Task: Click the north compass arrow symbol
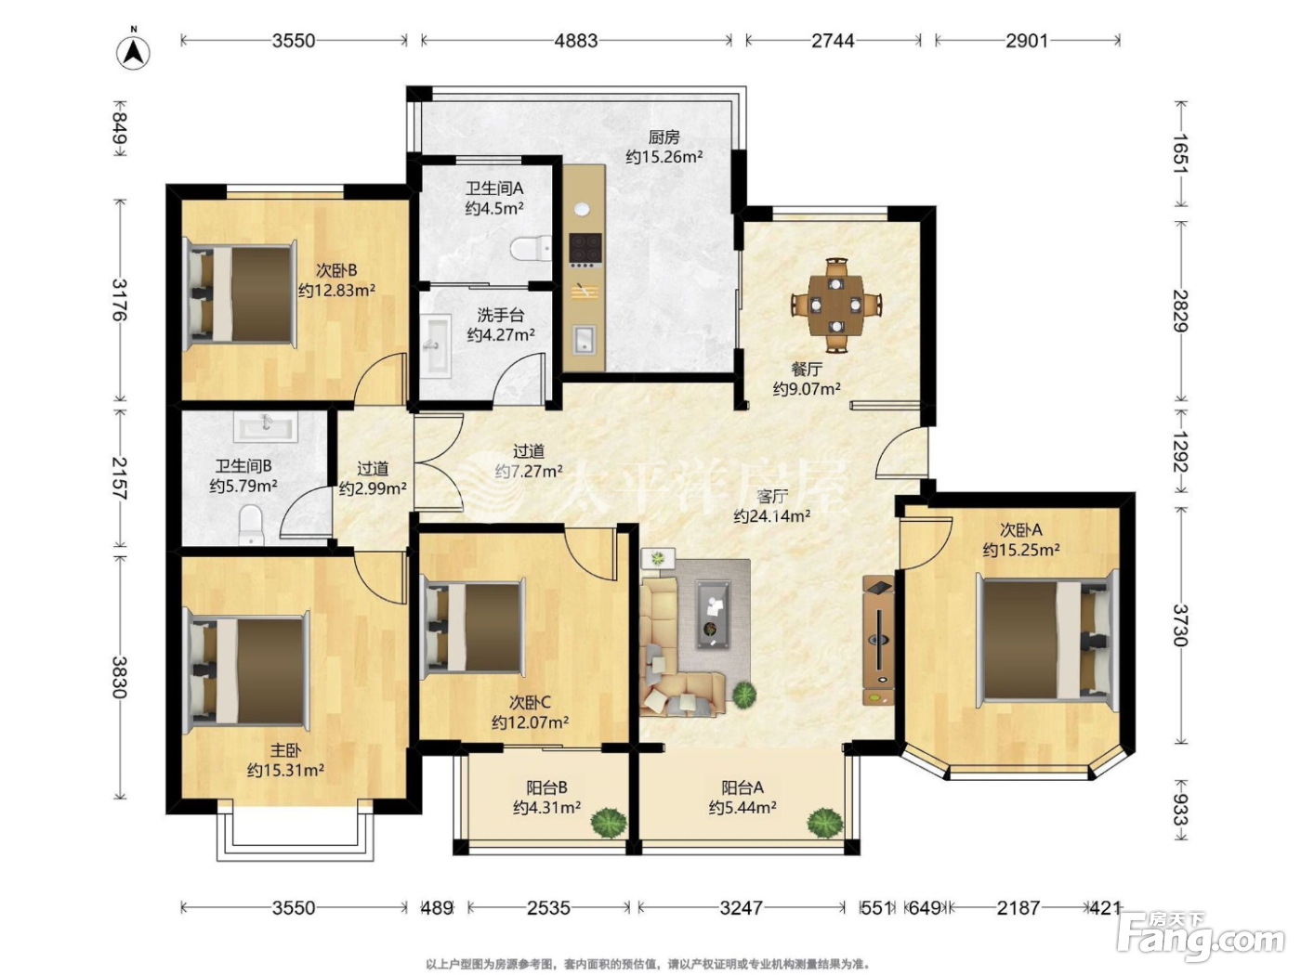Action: coord(133,53)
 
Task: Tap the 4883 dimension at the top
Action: coord(575,41)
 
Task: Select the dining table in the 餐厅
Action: coord(835,305)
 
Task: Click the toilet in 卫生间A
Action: coord(531,249)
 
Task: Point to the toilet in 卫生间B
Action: coord(251,525)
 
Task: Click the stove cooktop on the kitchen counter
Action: coord(585,247)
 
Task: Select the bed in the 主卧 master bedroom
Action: coord(249,672)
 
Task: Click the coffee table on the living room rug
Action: coord(713,615)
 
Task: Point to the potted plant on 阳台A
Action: coord(825,823)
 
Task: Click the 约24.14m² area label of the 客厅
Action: coord(771,516)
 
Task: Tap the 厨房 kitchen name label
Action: coord(664,137)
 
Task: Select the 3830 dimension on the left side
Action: coord(120,677)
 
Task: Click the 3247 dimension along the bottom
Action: coord(741,907)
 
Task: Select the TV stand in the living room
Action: coord(878,640)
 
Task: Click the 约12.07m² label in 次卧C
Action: coord(530,722)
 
